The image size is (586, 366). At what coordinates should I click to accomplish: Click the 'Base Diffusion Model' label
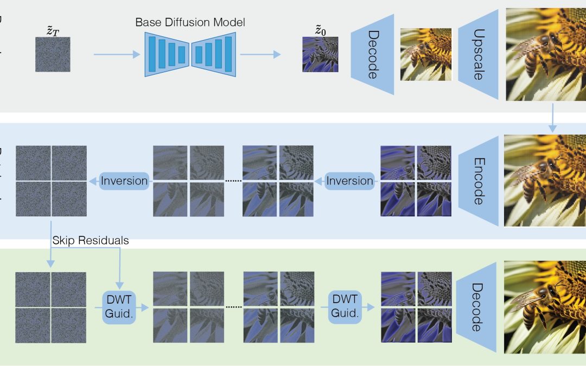pos(190,22)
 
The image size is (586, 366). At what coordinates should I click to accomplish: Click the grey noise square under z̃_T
pos(53,54)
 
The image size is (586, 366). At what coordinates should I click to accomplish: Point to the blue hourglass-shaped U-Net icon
pos(190,54)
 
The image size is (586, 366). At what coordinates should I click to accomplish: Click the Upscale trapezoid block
pos(478,54)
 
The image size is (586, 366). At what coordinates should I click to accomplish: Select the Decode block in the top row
pos(373,54)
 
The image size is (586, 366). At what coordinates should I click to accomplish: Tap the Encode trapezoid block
pos(478,181)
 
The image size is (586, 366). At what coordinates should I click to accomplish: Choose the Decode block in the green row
pos(477,307)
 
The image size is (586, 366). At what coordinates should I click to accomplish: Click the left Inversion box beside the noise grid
pos(124,181)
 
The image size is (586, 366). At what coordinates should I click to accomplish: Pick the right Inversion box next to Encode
pos(350,181)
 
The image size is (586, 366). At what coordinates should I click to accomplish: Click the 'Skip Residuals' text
pos(91,240)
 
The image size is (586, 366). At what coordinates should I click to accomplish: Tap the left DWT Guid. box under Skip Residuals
pos(118,307)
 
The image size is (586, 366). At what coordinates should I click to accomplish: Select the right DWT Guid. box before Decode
pos(345,307)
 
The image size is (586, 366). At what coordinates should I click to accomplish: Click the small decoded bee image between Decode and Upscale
pos(426,54)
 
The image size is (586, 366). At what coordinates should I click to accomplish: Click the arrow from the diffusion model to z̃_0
pos(260,54)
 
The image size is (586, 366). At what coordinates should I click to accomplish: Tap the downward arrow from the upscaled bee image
pos(552,117)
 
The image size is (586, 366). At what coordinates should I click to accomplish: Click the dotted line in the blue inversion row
pos(233,181)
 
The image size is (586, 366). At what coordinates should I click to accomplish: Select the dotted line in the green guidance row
pos(233,307)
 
